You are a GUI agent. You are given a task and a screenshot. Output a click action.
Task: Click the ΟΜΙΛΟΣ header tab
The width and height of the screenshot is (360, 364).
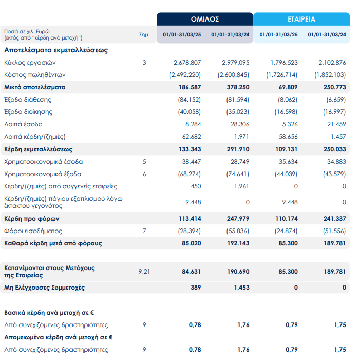pos(205,19)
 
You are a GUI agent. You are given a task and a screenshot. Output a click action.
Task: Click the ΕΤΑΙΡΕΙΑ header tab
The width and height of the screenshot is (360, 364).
pos(301,19)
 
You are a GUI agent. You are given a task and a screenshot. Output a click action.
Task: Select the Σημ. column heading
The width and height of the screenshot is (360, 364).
pos(144,35)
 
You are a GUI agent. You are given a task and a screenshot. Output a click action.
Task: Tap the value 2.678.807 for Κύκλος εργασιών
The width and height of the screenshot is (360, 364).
pos(187,63)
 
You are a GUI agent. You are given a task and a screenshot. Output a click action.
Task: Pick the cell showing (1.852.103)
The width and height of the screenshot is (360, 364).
pos(330,75)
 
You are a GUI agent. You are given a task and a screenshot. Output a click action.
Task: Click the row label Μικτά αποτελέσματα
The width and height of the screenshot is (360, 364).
pos(35,87)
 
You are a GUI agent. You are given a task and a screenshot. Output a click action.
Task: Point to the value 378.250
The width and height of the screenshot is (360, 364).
pos(238,87)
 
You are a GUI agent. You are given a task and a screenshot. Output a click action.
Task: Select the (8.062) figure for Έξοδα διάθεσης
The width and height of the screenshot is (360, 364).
pos(288,100)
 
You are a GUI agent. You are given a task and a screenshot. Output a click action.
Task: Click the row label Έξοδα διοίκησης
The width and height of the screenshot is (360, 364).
pos(28,112)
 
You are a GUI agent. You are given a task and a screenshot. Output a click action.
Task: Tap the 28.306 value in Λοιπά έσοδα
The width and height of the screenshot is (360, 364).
pos(240,124)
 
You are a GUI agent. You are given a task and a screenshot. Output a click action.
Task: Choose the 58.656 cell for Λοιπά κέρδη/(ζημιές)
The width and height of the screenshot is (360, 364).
pos(288,137)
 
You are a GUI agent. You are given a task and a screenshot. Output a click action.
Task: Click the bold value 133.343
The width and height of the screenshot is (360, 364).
pos(190,149)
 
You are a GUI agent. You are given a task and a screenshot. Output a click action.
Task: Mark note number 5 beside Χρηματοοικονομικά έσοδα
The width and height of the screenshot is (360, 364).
pos(144,162)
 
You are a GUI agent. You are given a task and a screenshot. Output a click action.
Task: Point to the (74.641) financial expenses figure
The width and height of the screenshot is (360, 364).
pos(238,174)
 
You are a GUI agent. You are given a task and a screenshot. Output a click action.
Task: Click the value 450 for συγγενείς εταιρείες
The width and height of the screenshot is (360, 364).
pos(196,186)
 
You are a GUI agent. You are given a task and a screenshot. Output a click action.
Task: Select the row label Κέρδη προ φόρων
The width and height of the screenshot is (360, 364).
pos(32,219)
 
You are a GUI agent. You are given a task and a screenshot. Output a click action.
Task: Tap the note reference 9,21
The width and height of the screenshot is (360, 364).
pos(144,272)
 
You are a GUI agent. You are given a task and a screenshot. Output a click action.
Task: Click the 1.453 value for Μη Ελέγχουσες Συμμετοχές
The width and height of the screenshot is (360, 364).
pos(241,288)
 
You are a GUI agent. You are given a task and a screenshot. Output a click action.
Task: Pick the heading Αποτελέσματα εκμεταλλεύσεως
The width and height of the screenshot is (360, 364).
pos(56,50)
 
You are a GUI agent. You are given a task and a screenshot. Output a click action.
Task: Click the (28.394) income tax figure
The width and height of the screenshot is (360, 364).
pos(190,231)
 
